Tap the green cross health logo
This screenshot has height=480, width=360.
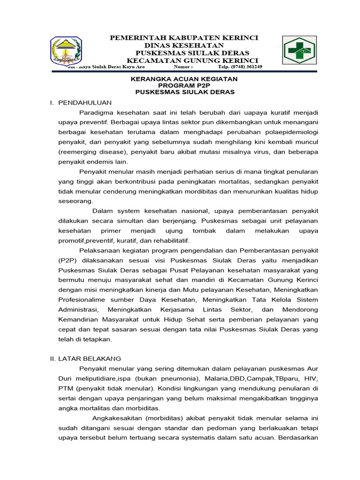[299, 50]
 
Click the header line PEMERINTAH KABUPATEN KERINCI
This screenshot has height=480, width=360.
[184, 37]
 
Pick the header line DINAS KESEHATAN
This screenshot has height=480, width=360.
[184, 45]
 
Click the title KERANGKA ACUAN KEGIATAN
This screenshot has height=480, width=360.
[184, 79]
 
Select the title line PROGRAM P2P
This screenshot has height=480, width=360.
[184, 86]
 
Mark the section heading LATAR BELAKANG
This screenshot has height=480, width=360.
[90, 358]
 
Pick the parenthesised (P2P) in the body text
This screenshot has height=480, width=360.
[67, 260]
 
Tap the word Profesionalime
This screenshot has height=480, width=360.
[84, 299]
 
